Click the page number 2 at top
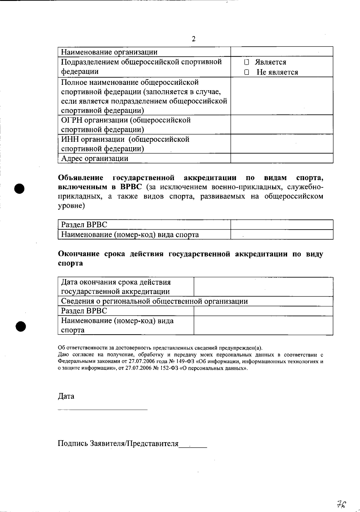pyautogui.click(x=193, y=39)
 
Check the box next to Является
pyautogui.click(x=247, y=62)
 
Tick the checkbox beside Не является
pyautogui.click(x=247, y=72)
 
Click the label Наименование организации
pyautogui.click(x=109, y=52)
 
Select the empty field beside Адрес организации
pyautogui.click(x=282, y=158)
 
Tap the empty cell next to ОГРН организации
pyautogui.click(x=282, y=124)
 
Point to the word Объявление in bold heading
pyautogui.click(x=81, y=178)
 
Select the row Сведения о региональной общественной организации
pyautogui.click(x=154, y=301)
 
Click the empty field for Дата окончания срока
pyautogui.click(x=263, y=287)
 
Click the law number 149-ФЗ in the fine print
pyautogui.click(x=182, y=362)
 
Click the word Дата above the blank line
pyautogui.click(x=66, y=396)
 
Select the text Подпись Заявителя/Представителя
pyautogui.click(x=118, y=443)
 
